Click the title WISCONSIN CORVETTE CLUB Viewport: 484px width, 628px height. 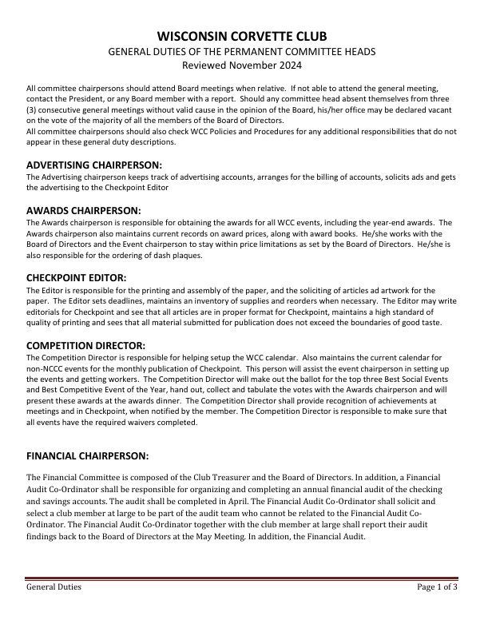click(241, 37)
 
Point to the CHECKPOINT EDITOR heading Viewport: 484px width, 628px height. click(77, 277)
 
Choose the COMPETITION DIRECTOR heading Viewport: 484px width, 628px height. click(85, 345)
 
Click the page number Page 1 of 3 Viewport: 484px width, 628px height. click(437, 587)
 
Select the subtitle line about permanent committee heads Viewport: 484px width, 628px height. click(241, 51)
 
